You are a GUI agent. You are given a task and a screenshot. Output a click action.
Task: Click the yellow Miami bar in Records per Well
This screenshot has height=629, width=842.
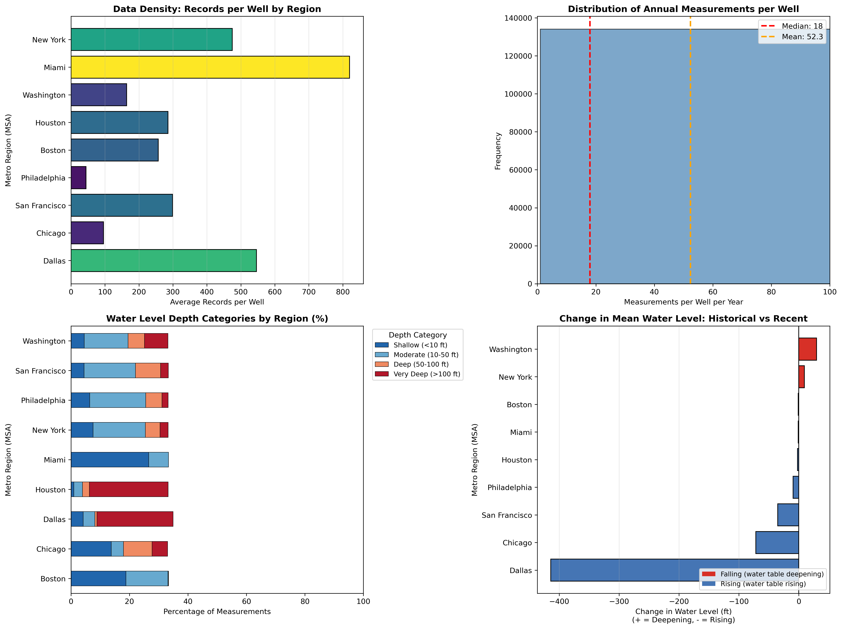tap(210, 67)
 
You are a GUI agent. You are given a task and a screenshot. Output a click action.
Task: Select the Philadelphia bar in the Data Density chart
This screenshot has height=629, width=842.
tap(78, 178)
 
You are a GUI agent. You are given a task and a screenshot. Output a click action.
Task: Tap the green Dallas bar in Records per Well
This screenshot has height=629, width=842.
tap(164, 261)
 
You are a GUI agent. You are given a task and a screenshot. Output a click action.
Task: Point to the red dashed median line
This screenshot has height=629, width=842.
tap(590, 152)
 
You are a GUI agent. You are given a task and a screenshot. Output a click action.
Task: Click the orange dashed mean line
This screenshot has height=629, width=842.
tap(690, 152)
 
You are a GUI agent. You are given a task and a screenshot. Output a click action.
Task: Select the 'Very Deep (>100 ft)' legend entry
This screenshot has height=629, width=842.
tap(426, 374)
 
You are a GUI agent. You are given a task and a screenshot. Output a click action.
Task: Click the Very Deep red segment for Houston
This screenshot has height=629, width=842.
tap(129, 489)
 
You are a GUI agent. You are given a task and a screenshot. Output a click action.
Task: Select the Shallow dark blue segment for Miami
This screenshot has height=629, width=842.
tap(110, 460)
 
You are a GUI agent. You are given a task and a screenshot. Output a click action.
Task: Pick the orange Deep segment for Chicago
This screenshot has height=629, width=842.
tap(137, 549)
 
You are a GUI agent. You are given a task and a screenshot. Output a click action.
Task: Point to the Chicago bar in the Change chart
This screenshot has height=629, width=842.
tap(777, 543)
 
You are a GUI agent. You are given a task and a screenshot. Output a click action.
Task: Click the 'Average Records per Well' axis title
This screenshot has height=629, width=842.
tap(217, 302)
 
